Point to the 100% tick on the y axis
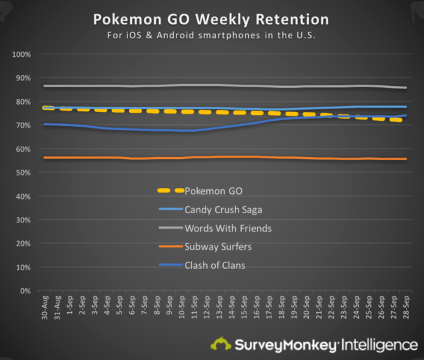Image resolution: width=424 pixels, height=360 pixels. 21,54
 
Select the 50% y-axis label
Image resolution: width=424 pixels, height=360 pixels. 23,173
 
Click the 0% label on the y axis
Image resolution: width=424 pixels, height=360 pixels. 25,291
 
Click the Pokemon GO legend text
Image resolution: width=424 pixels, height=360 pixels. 211,191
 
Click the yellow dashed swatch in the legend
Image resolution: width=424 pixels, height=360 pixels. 171,191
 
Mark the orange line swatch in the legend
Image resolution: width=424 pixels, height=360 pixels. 171,247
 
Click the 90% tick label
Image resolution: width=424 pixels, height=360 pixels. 23,78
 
